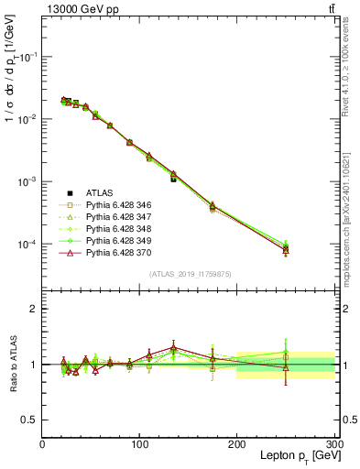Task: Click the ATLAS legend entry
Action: pyautogui.click(x=100, y=192)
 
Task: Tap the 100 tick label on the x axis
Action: pyautogui.click(x=139, y=445)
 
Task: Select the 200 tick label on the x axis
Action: pyautogui.click(x=236, y=445)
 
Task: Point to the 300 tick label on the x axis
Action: pyautogui.click(x=333, y=445)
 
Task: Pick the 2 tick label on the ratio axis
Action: pyautogui.click(x=34, y=309)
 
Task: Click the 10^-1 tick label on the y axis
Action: pyautogui.click(x=27, y=57)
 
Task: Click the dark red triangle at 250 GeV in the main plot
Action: pyautogui.click(x=286, y=249)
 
